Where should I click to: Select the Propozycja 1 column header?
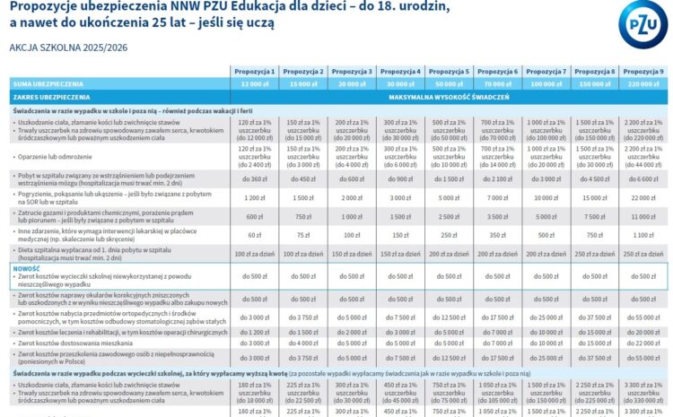click(255, 71)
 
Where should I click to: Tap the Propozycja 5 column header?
click(449, 71)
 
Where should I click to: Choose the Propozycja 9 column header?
click(643, 71)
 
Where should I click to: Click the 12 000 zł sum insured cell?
click(255, 83)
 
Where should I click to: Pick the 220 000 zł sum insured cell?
click(643, 83)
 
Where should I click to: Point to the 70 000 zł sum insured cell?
click(497, 83)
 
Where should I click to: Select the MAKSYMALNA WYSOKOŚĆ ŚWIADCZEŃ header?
click(449, 95)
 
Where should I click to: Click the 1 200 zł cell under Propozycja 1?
click(255, 197)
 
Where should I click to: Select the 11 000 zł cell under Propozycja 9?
click(643, 217)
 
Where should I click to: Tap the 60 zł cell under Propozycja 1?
click(255, 235)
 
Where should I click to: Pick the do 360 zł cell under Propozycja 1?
click(255, 178)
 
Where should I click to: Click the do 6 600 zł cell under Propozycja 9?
click(643, 178)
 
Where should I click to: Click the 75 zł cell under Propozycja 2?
click(303, 235)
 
